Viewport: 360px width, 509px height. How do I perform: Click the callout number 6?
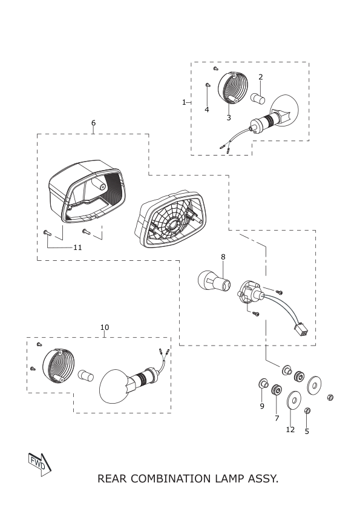[94, 123]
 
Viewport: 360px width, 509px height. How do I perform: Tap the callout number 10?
[105, 327]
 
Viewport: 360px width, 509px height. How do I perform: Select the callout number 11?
[77, 248]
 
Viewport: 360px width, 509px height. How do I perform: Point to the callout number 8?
[223, 257]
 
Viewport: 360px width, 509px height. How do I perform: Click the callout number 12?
[290, 430]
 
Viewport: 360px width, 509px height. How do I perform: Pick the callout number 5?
[307, 432]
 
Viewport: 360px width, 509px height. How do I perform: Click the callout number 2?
[261, 77]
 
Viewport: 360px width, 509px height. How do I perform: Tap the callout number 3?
[229, 118]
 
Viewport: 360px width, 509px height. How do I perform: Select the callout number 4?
[207, 110]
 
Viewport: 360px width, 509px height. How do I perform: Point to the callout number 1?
[184, 102]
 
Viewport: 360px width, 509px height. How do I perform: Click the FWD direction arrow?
[40, 464]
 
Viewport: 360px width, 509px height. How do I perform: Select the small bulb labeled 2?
[258, 99]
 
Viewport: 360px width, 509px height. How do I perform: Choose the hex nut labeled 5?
[308, 410]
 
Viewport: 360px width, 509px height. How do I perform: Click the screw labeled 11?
[47, 232]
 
